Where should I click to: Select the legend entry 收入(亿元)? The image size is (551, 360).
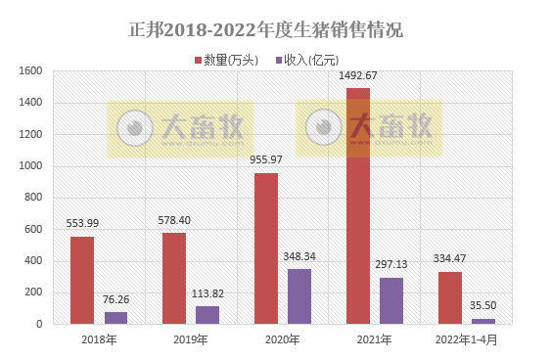tap(305, 60)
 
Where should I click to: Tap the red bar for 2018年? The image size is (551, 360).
tap(82, 280)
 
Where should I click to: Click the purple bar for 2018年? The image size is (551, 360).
tap(115, 317)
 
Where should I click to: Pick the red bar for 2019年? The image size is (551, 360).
tap(174, 278)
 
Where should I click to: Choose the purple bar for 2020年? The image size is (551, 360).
tap(299, 295)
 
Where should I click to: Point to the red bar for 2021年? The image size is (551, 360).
tap(358, 205)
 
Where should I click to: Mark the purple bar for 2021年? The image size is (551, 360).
tap(391, 300)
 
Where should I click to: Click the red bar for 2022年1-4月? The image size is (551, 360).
tap(450, 297)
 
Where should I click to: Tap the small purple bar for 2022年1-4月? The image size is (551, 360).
tap(483, 320)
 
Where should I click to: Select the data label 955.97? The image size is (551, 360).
tap(266, 159)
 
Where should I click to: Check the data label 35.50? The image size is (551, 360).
tap(483, 305)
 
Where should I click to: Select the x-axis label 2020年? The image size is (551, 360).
tap(283, 339)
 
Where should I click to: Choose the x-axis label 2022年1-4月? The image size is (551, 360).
tap(467, 339)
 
